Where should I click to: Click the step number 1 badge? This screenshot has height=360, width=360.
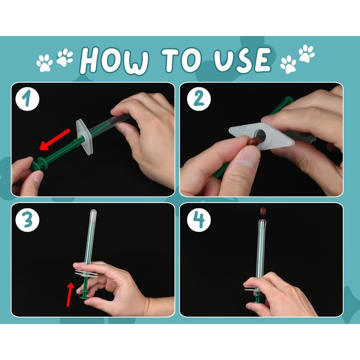point(27,99)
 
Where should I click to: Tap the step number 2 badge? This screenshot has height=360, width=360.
point(199,99)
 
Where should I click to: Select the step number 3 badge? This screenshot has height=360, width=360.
point(27,220)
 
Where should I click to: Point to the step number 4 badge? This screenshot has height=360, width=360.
point(199,220)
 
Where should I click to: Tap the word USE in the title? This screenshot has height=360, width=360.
point(242,60)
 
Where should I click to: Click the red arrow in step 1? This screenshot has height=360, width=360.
point(54,140)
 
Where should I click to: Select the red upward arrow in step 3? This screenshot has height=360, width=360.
point(70,295)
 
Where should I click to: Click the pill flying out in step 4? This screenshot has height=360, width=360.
point(263,211)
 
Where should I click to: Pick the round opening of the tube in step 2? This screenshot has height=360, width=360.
point(260,135)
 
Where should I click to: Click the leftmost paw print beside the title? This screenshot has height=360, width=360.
point(45,63)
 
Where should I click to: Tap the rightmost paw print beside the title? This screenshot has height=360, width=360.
point(306,53)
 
